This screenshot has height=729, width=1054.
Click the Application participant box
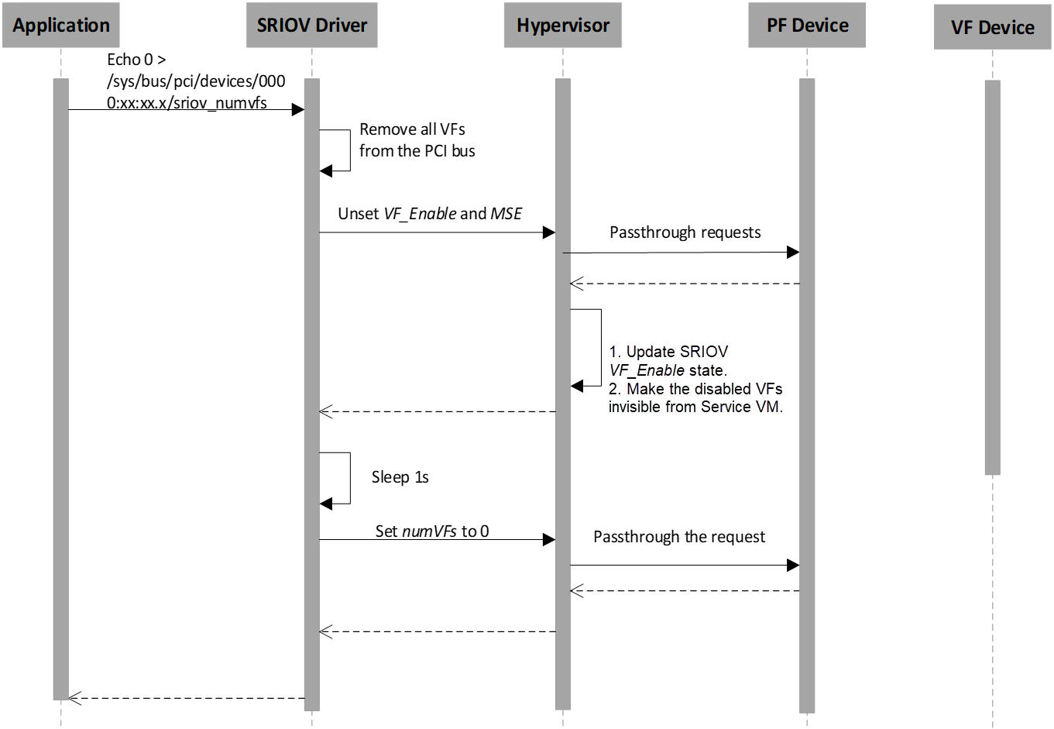61,26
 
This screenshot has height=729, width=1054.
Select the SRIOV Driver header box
312,26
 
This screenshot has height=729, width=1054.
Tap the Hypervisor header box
563,26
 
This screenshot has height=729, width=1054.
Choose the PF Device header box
807,26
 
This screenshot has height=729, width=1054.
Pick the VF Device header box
992,28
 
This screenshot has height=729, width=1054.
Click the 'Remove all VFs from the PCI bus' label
417,140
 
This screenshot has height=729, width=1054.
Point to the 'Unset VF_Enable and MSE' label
430,214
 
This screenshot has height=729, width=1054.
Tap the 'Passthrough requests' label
685,232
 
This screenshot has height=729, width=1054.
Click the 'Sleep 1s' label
400,477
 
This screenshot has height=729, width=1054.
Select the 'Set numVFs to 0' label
432,531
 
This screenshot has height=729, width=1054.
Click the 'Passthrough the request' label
679,537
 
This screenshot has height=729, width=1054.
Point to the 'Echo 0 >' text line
136,60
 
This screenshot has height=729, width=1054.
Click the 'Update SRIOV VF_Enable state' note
668,361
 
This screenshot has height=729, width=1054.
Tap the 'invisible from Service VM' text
695,407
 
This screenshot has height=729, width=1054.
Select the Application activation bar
60,387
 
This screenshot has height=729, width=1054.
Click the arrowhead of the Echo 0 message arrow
298,110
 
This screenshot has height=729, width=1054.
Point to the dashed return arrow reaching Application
186,698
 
